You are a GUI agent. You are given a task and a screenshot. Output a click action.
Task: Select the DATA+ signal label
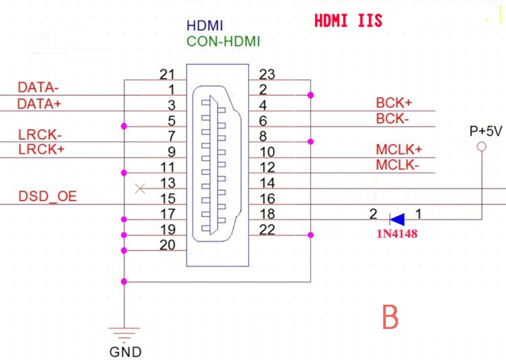click(39, 104)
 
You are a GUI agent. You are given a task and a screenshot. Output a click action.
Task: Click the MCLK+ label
click(399, 151)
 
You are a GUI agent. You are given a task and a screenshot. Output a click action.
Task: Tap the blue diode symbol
click(397, 220)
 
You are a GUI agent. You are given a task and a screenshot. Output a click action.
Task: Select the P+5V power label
click(485, 132)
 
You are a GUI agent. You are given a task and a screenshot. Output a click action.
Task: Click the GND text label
click(125, 352)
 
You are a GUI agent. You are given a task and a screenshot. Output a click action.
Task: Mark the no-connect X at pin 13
click(140, 188)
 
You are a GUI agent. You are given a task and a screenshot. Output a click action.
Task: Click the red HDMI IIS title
click(348, 21)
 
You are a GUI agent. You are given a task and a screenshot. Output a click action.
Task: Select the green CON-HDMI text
click(223, 42)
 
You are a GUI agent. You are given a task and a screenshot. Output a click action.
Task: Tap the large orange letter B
click(390, 317)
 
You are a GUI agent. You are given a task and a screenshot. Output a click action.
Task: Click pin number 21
click(167, 75)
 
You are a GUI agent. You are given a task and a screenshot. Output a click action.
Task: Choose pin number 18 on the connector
click(267, 214)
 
